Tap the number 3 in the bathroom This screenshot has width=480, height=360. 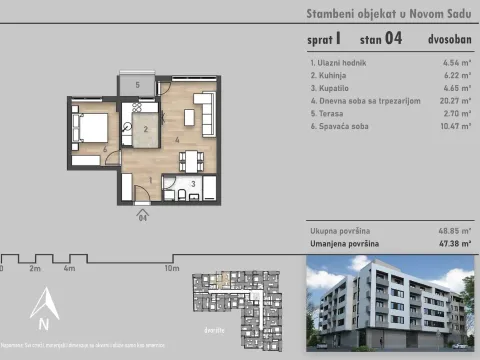click(192, 183)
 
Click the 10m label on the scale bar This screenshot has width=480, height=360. click(171, 268)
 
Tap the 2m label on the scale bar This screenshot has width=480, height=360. click(34, 268)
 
